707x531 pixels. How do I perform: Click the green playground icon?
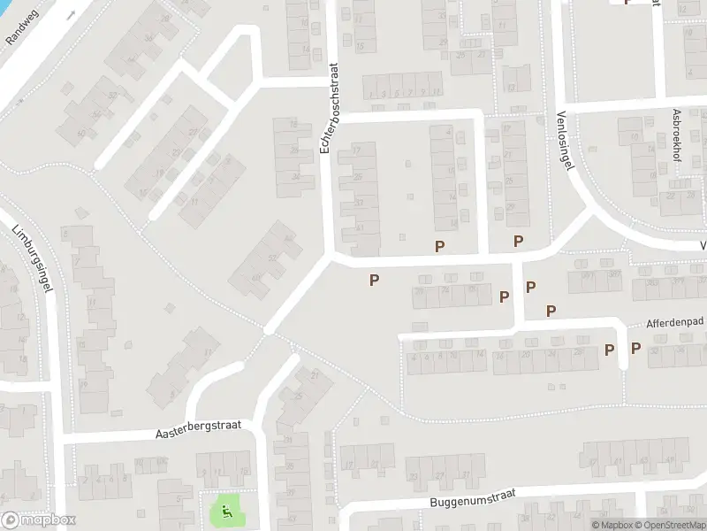(x=226, y=510)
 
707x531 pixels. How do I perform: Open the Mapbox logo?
(x=39, y=520)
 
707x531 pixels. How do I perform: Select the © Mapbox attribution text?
(x=612, y=525)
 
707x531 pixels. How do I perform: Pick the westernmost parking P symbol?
(x=375, y=280)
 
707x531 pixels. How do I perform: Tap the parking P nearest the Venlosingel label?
(x=519, y=241)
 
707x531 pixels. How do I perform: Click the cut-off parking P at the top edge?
(x=627, y=3)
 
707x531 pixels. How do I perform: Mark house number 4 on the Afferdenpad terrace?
(x=414, y=357)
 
